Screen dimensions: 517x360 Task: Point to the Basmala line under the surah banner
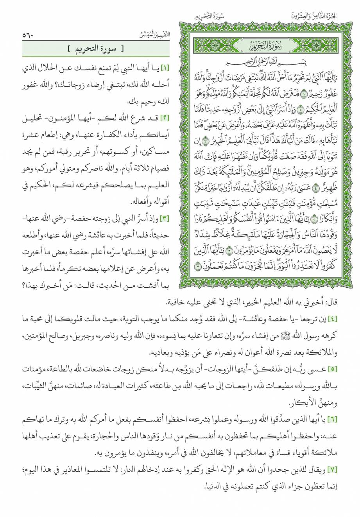click(x=267, y=63)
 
